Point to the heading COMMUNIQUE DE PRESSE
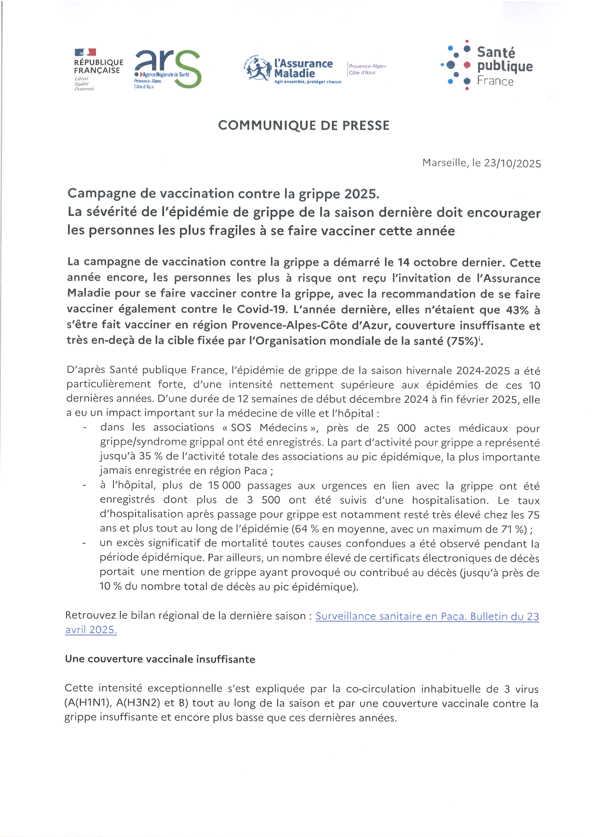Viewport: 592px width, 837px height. pyautogui.click(x=304, y=125)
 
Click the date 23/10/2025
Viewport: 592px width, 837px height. pyautogui.click(x=512, y=163)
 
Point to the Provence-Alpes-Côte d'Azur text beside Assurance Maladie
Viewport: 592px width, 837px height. pyautogui.click(x=367, y=69)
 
